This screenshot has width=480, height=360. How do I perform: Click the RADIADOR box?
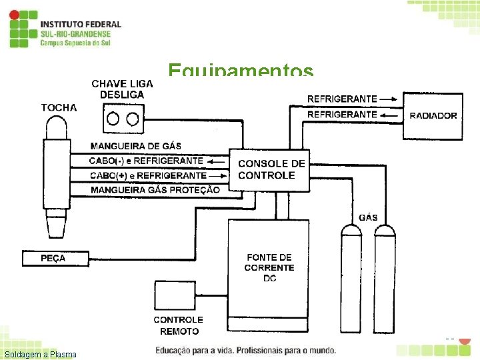point(433,115)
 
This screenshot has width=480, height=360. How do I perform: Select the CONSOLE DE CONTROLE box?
point(270,169)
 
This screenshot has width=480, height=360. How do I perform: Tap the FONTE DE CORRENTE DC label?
point(269,267)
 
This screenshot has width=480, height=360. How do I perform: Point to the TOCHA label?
point(59,107)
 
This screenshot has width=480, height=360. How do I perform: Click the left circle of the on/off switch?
point(113,119)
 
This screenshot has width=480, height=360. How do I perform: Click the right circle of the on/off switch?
point(133,119)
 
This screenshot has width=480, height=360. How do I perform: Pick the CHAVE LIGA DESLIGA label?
point(122,89)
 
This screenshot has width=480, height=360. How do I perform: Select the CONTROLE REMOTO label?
point(179,325)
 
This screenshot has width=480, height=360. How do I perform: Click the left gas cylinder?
point(351,280)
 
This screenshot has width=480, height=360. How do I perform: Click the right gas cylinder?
point(384,280)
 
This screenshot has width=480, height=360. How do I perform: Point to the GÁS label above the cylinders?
point(368,217)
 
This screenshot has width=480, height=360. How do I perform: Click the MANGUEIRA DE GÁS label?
point(136,146)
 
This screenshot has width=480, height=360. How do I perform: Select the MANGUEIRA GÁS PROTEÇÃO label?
point(155,189)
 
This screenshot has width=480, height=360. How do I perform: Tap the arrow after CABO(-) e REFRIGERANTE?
point(215,161)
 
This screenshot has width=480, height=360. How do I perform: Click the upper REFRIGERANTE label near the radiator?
point(342,99)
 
